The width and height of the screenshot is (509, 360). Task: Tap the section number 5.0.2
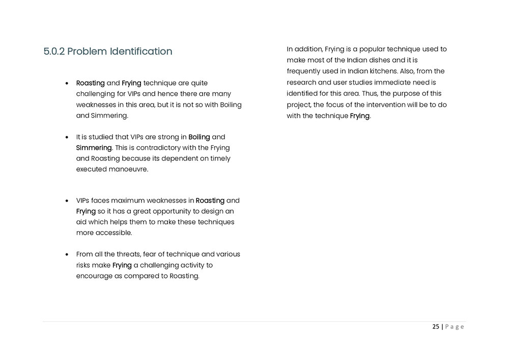coord(54,51)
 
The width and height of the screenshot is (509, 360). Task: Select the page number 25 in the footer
coord(436,327)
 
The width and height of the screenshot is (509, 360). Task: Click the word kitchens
coord(389,71)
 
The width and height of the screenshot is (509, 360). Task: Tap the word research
coord(301,82)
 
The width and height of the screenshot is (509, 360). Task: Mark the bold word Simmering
coord(94,148)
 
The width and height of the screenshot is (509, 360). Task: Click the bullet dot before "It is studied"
coord(68,137)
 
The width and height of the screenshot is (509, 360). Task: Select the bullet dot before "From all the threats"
coord(68,255)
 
